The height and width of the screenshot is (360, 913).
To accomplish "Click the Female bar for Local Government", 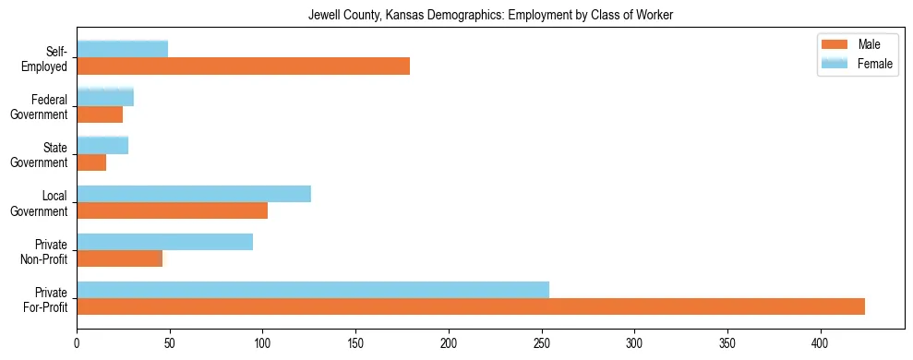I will tap(194, 193).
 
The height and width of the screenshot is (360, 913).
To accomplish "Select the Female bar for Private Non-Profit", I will tap(164, 241).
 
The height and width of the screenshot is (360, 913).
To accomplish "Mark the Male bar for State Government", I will tap(91, 162).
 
